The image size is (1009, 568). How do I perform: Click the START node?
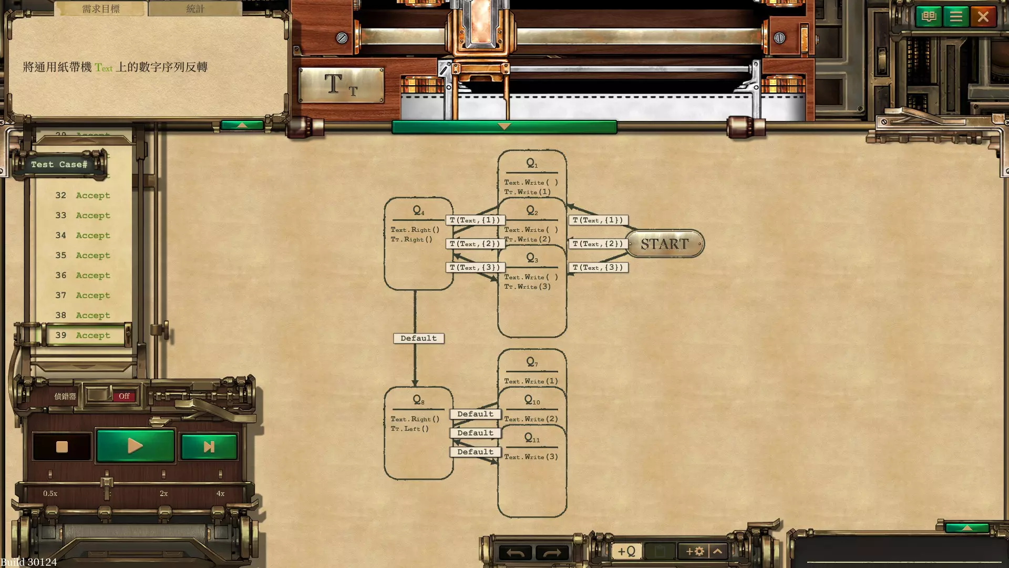pos(664,244)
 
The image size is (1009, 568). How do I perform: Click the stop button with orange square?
pos(62,447)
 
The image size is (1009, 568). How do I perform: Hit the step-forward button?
pos(209,447)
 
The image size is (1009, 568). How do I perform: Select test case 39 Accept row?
pos(84,335)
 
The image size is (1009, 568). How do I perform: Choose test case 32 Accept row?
pos(84,195)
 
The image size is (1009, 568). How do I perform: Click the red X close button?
pos(983,17)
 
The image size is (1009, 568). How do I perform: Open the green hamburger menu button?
pos(955,17)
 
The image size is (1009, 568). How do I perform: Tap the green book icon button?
pos(929,17)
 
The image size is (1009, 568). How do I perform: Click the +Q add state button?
pos(626,551)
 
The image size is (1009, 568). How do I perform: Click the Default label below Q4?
pos(418,338)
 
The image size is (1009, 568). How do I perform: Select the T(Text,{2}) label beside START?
pos(598,244)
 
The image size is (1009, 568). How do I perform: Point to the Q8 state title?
pos(418,400)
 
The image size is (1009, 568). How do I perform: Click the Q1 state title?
pos(532,164)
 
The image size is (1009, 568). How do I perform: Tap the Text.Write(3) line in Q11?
pos(531,457)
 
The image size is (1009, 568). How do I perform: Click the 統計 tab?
pos(195,8)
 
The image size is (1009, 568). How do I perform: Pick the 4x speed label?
pos(220,493)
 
